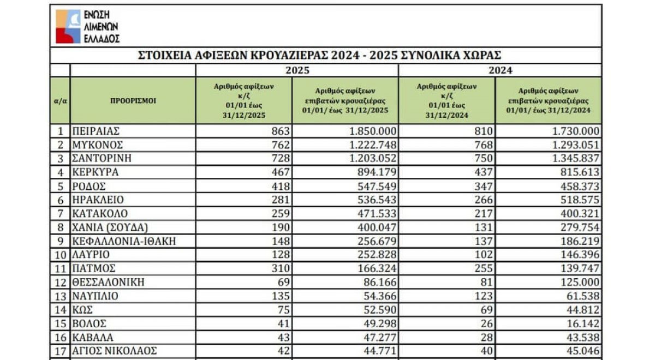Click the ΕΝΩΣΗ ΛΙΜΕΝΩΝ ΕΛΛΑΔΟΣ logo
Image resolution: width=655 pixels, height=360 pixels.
click(x=87, y=26)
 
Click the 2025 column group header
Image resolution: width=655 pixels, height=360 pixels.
click(x=297, y=70)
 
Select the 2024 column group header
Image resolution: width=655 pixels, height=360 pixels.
click(x=500, y=70)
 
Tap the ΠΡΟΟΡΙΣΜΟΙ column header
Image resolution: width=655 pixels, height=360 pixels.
click(x=133, y=100)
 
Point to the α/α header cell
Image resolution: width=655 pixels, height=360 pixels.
click(x=60, y=100)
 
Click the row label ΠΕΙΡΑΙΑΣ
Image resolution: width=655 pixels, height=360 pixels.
click(x=96, y=131)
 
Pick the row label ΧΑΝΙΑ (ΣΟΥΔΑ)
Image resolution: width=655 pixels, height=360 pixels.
click(x=110, y=227)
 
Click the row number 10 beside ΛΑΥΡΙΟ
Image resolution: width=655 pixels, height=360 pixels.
click(x=60, y=255)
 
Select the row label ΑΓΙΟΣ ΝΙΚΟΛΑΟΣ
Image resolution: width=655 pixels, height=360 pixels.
click(x=115, y=351)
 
